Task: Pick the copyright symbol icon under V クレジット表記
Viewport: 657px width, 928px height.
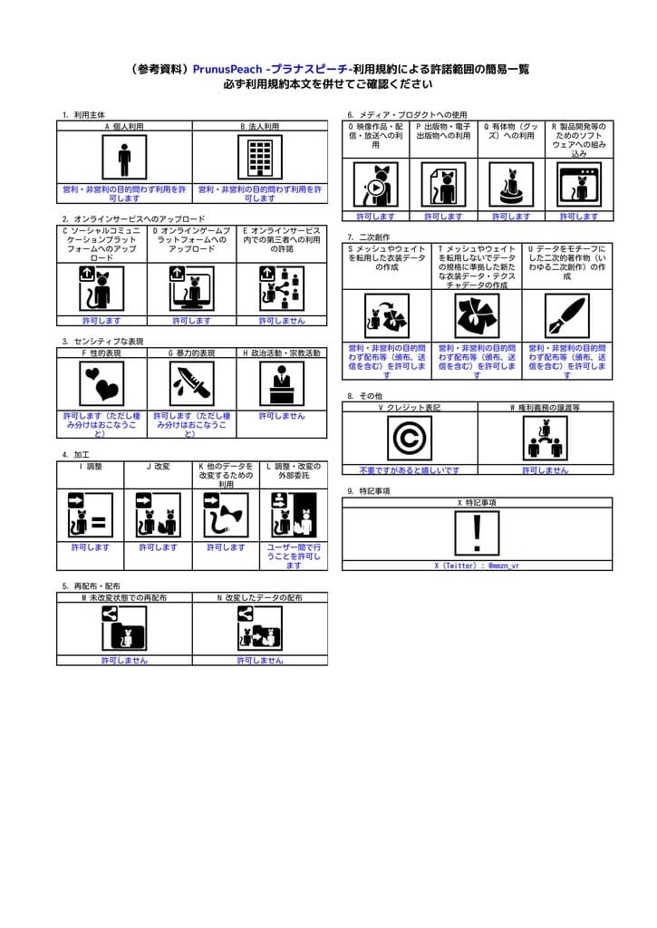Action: click(x=410, y=439)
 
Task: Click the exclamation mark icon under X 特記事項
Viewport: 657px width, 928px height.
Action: click(x=478, y=534)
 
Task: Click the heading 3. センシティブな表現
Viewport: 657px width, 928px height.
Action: click(x=102, y=341)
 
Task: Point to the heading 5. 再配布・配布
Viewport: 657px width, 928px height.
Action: click(x=91, y=585)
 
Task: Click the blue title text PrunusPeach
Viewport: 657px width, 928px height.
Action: click(x=228, y=69)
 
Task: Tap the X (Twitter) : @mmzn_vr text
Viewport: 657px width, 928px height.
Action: click(x=477, y=565)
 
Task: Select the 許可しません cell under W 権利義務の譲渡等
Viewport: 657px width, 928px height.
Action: click(x=545, y=470)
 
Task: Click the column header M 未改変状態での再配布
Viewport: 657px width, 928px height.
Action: click(x=124, y=598)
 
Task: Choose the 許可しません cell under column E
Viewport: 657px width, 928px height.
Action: click(x=282, y=321)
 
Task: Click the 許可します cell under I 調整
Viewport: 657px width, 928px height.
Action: click(x=91, y=547)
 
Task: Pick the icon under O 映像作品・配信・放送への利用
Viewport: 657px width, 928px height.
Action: click(x=375, y=186)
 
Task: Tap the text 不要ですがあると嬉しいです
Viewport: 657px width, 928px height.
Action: click(x=410, y=470)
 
